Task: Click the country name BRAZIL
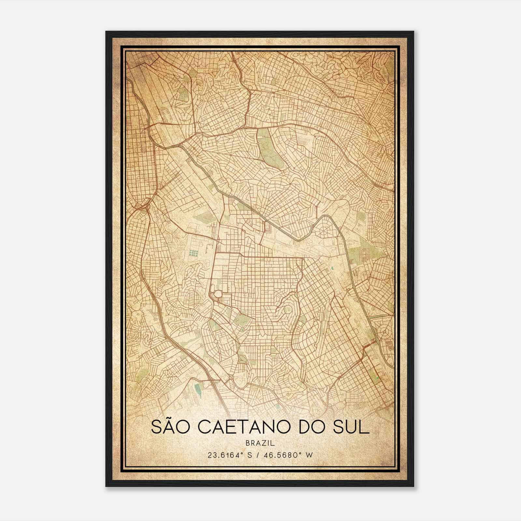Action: [260, 443]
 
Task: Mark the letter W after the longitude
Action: [310, 455]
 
